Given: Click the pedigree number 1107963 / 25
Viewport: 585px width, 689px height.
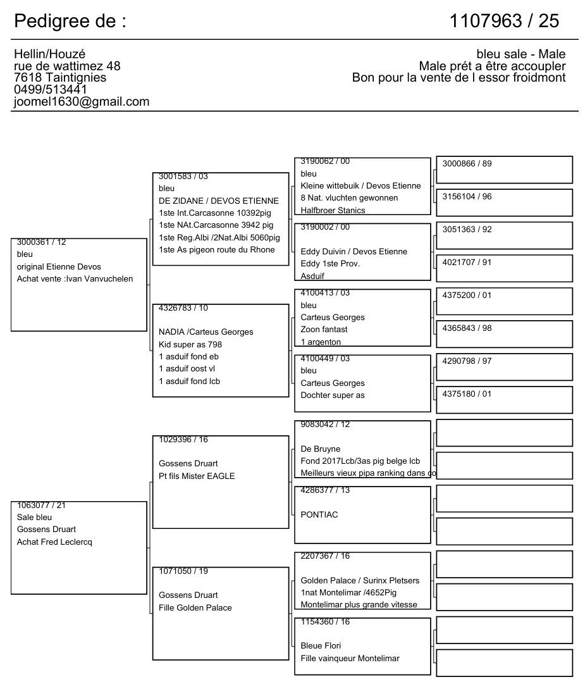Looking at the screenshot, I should pyautogui.click(x=504, y=21).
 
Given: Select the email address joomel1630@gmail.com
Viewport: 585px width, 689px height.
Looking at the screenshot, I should pyautogui.click(x=82, y=101).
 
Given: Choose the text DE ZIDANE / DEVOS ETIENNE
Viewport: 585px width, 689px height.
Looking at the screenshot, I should pyautogui.click(x=218, y=201).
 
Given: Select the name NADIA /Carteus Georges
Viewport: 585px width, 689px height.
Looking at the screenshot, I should pyautogui.click(x=206, y=332).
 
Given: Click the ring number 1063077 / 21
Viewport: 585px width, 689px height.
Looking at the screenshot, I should pyautogui.click(x=42, y=505).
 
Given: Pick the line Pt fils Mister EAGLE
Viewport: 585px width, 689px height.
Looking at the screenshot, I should pyautogui.click(x=196, y=476).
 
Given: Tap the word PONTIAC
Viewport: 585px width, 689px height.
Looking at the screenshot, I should pyautogui.click(x=319, y=514).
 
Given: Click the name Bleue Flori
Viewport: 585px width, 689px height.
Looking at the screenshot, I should pyautogui.click(x=321, y=646).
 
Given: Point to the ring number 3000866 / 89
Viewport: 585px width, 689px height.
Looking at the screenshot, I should pyautogui.click(x=467, y=164).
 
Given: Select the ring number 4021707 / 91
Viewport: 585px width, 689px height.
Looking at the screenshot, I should pyautogui.click(x=467, y=263).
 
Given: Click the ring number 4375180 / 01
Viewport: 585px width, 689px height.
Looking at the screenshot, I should pyautogui.click(x=467, y=394).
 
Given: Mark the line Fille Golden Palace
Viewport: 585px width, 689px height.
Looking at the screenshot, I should pyautogui.click(x=195, y=607).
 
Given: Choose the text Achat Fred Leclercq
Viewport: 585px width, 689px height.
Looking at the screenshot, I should pyautogui.click(x=54, y=542).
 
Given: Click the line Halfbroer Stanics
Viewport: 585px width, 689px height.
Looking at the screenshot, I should pyautogui.click(x=333, y=211).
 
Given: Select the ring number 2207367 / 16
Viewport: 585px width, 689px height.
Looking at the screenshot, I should pyautogui.click(x=325, y=556).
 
